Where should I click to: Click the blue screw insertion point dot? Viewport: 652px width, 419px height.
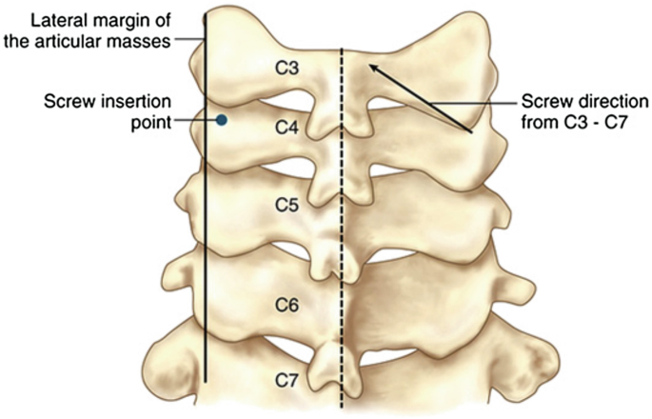point(222,120)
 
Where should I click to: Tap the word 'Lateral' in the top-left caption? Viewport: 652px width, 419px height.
point(33,18)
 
